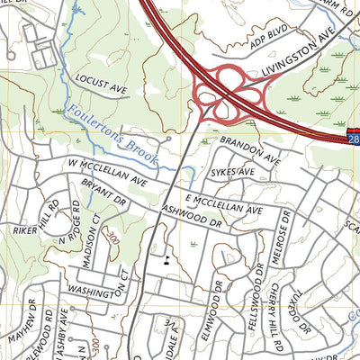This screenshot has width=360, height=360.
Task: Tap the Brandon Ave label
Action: (x=251, y=148)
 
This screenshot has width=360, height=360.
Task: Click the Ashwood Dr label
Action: (x=192, y=214)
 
